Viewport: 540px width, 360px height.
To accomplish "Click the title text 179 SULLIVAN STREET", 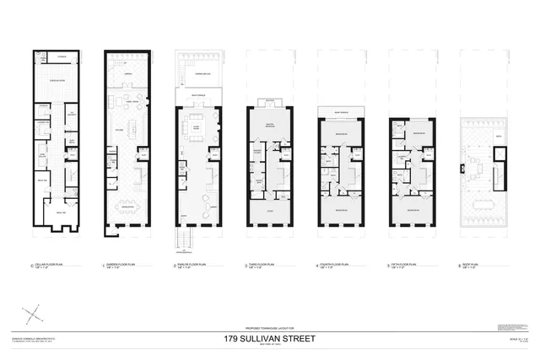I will pyautogui.click(x=269, y=339).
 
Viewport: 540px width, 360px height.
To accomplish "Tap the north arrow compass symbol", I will pyautogui.click(x=33, y=315).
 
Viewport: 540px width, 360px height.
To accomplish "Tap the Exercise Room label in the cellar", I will pyautogui.click(x=57, y=80).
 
